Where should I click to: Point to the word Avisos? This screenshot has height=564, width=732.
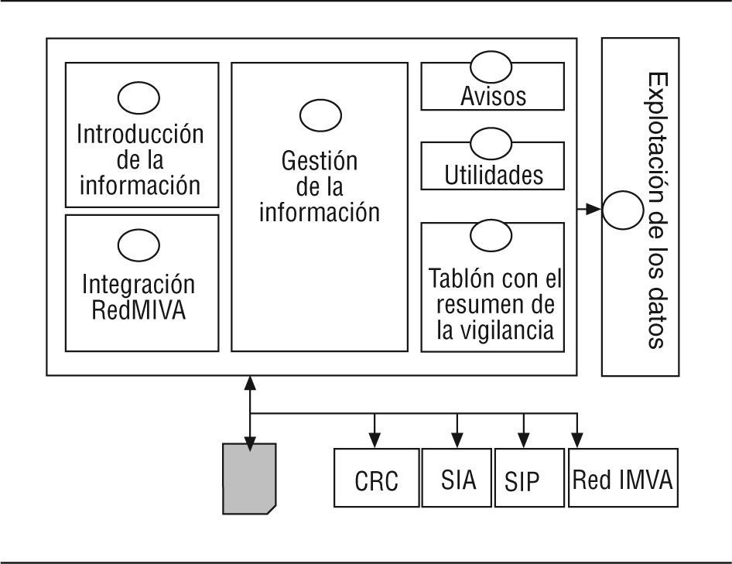tap(493, 97)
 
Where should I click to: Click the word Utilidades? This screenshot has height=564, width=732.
tap(493, 176)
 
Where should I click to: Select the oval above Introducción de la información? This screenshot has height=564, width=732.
tap(139, 97)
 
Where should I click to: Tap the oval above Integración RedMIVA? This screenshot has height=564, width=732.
tap(139, 244)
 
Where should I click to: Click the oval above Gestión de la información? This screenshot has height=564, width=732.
tap(320, 116)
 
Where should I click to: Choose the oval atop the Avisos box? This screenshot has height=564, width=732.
tap(492, 64)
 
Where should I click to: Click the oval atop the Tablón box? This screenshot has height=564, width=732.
tap(492, 236)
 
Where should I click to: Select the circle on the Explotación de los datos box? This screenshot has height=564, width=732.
tap(623, 209)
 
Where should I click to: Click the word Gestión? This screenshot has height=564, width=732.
tap(320, 162)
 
